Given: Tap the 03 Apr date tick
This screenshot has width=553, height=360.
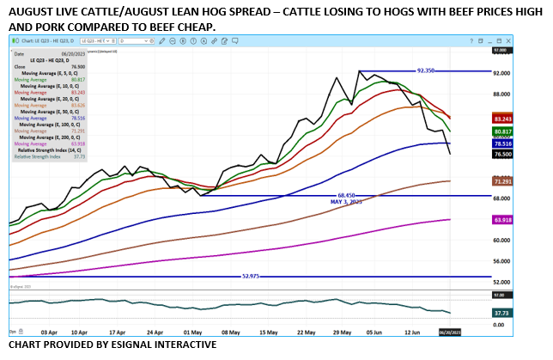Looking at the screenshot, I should [x=49, y=330].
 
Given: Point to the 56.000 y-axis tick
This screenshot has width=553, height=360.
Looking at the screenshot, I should [x=501, y=260].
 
